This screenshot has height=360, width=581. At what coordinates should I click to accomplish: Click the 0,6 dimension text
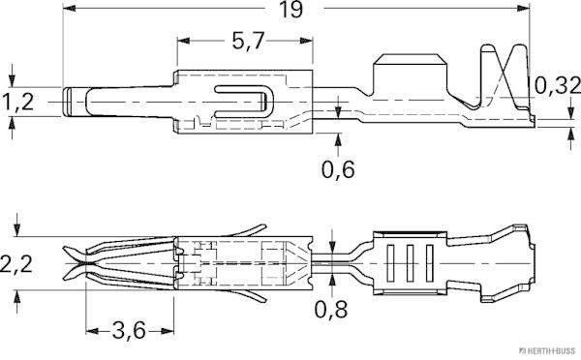click(x=337, y=171)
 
